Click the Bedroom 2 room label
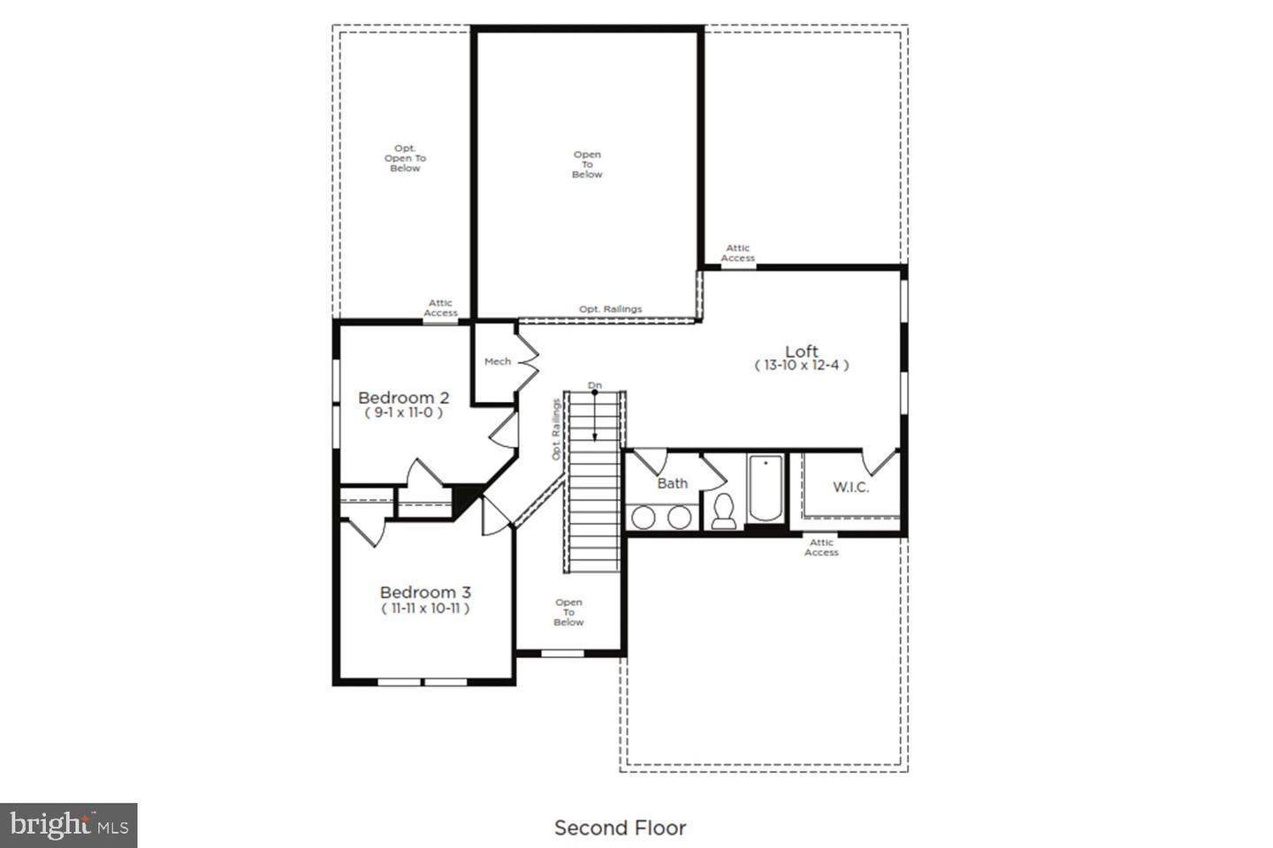point(403,397)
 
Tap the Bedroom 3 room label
point(425,592)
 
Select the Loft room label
point(801,351)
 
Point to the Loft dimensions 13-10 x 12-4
point(801,365)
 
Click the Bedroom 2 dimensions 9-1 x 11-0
point(403,413)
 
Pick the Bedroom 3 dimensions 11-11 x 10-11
point(425,608)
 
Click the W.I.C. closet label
point(850,487)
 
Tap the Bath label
point(672,483)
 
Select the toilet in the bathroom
point(723,511)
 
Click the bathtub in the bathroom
point(765,488)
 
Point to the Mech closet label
point(497,361)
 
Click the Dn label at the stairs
point(594,385)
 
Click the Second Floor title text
point(620,828)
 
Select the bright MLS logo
point(69,826)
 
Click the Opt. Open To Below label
point(405,158)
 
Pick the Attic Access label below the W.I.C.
point(821,548)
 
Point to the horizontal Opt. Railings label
point(610,309)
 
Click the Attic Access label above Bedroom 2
point(440,307)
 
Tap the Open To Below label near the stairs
point(568,612)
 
